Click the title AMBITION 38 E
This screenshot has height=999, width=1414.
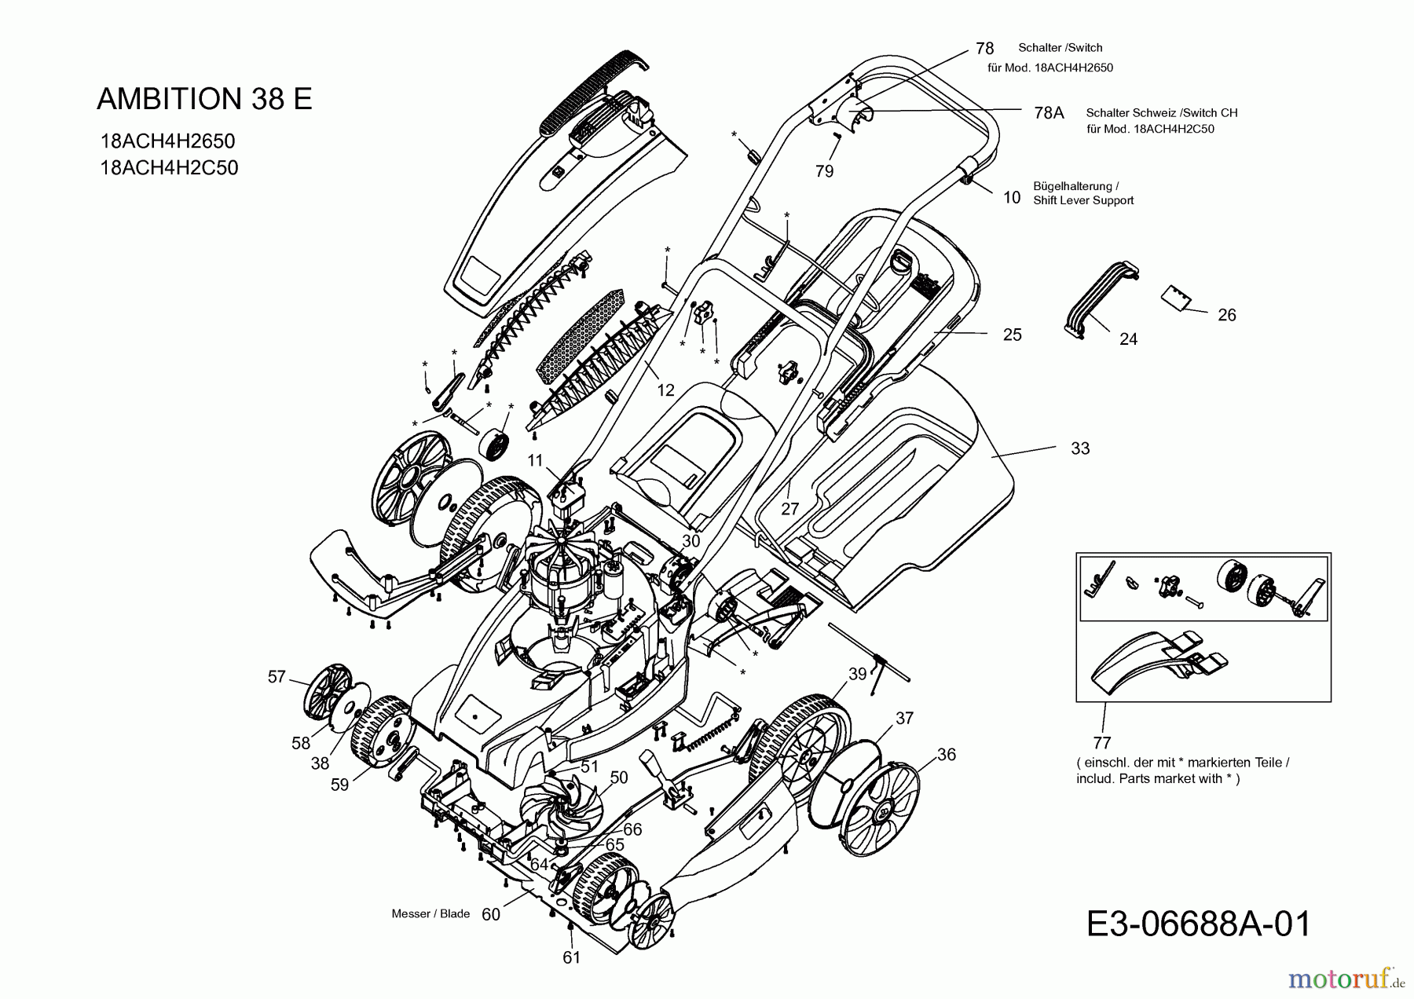[x=204, y=99]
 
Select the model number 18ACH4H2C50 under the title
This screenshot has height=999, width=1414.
[x=169, y=168]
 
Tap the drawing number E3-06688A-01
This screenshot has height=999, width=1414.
[x=1199, y=924]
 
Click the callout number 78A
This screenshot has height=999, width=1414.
[x=1049, y=113]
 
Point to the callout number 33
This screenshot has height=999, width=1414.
[x=1080, y=448]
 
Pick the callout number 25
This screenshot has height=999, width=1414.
[x=1013, y=335]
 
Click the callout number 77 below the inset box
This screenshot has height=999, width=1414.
[x=1101, y=742]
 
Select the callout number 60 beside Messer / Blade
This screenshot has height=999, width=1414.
[x=491, y=914]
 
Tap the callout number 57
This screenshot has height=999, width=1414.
[x=277, y=676]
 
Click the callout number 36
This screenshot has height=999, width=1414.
[x=947, y=754]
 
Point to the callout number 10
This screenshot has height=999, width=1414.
[x=1012, y=198]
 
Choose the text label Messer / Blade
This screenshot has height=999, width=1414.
[x=430, y=914]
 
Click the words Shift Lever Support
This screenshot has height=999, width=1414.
[x=1083, y=200]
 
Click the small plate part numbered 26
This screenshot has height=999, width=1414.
[x=1175, y=298]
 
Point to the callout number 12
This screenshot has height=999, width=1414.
[x=666, y=390]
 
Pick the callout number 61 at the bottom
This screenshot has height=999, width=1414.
[x=571, y=957]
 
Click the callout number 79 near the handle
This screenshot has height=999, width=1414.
[x=824, y=171]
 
